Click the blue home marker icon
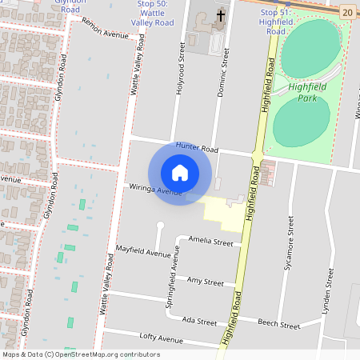(x=180, y=172)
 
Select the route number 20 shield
(x=346, y=11)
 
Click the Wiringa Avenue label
(x=156, y=190)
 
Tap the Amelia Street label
(x=210, y=241)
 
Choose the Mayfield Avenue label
(x=143, y=252)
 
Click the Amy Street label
(x=205, y=282)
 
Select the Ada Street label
(x=200, y=321)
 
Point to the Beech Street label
(x=279, y=324)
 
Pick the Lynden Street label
(x=327, y=289)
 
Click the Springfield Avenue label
(x=171, y=270)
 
